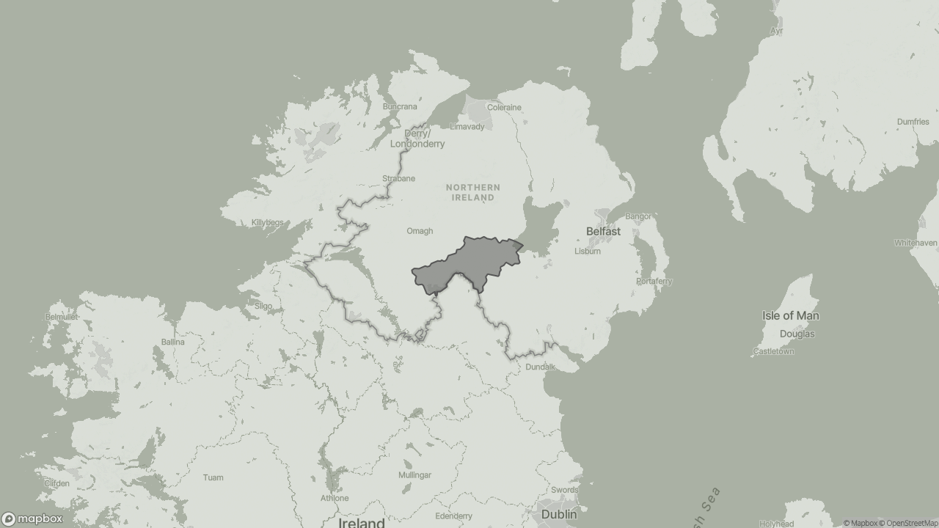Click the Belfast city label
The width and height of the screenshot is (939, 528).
tap(603, 231)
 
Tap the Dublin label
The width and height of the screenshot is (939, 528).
tap(559, 515)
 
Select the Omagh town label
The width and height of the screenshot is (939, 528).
tap(420, 231)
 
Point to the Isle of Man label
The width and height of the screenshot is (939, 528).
tap(790, 316)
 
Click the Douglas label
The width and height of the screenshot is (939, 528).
tap(797, 334)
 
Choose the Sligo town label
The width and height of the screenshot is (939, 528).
tap(263, 306)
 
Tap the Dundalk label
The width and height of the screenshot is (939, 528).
tap(540, 367)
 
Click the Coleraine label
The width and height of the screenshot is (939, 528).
tap(504, 107)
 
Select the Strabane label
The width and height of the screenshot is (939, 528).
tap(398, 178)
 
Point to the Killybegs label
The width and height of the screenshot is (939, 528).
tap(267, 222)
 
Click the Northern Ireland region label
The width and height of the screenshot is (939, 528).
tap(473, 193)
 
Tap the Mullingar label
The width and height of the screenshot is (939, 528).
tap(414, 475)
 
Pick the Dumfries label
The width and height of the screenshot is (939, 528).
tap(913, 122)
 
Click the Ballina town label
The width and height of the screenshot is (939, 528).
tap(173, 342)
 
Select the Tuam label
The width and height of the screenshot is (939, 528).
tap(213, 477)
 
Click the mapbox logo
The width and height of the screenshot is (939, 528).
tap(32, 518)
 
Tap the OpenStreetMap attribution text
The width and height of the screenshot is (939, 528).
tap(911, 523)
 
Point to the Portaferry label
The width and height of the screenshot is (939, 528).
tap(654, 281)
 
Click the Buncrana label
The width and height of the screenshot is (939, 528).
tap(400, 106)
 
